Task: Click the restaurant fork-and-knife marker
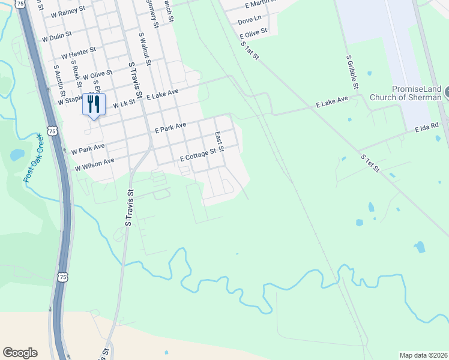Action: click(93, 104)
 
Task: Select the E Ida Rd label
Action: click(427, 128)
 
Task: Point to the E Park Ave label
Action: click(170, 127)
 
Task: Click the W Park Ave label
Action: click(88, 148)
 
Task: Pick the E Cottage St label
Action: click(197, 156)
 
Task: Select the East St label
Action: click(219, 142)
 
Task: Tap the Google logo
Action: click(20, 353)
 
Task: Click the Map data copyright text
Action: click(423, 355)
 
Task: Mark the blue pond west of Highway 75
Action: click(17, 155)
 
